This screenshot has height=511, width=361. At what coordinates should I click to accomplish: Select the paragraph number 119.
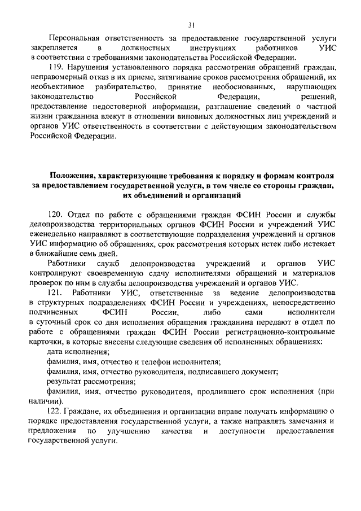(x=73, y=68)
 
